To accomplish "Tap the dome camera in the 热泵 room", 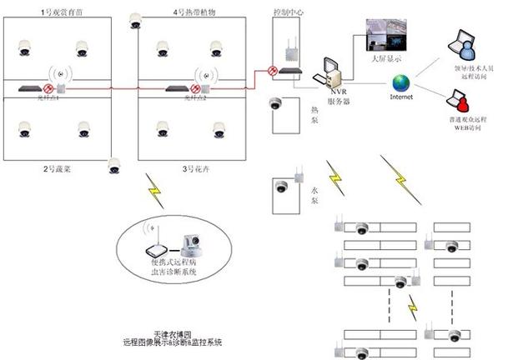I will coord(275,105).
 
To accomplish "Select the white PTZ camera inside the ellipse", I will coord(188,246).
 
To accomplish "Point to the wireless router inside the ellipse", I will coord(154,247).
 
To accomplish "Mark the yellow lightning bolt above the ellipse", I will coord(155,191).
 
